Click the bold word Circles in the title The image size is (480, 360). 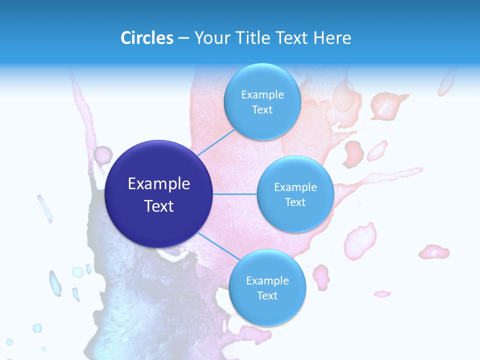[x=147, y=38]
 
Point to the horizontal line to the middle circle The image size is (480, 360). [x=234, y=194]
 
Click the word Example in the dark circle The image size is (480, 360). [x=159, y=184]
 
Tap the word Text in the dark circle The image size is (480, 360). [x=159, y=206]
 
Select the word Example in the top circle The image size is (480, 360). [x=262, y=94]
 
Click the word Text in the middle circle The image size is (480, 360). [x=295, y=202]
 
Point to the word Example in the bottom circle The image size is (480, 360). [x=267, y=280]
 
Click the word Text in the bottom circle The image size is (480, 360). [x=267, y=295]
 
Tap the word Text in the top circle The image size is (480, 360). [x=262, y=109]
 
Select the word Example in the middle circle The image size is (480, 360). [x=295, y=187]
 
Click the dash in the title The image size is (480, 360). [x=183, y=38]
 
